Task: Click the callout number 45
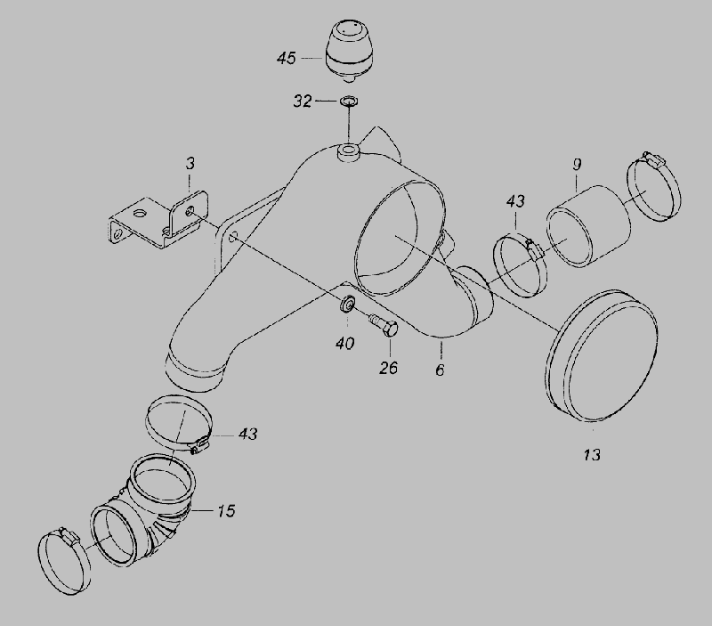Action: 286,58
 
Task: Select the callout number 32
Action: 303,101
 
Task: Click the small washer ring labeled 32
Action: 348,101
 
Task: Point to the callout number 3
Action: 190,164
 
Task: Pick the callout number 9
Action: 577,165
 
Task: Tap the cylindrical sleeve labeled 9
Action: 588,226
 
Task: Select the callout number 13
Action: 592,455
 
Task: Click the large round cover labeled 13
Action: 601,355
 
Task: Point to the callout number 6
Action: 440,370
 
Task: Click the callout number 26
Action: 389,368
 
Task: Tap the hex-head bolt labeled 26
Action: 384,325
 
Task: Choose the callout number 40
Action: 345,344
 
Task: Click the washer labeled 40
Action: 348,303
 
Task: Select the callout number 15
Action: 226,511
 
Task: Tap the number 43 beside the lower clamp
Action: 248,434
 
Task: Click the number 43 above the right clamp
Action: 515,200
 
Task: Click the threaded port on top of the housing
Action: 349,151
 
